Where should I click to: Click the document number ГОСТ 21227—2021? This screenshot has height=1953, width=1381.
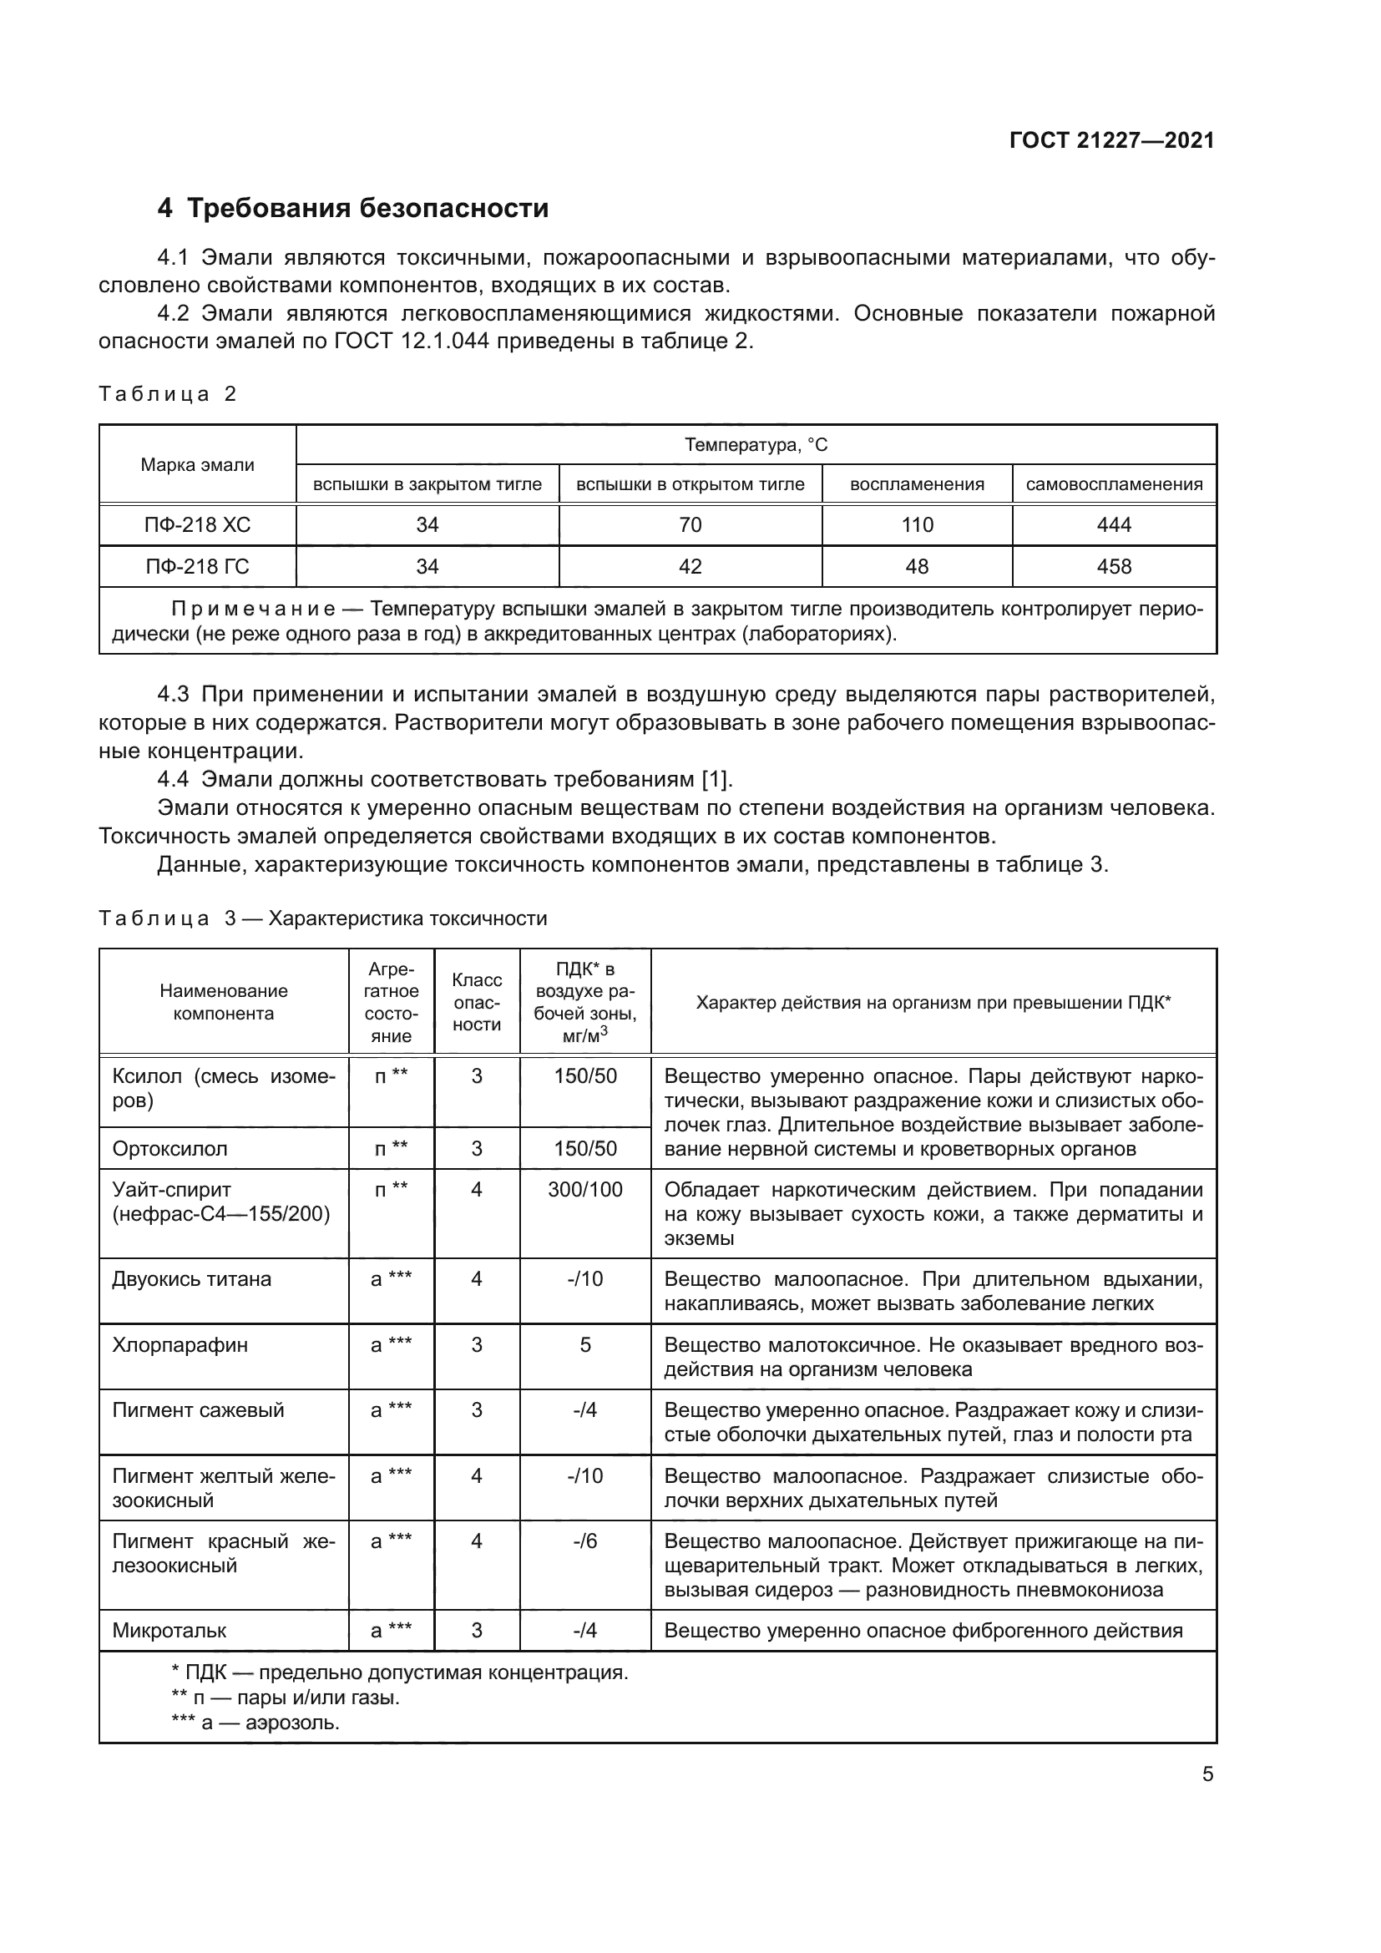point(1111,140)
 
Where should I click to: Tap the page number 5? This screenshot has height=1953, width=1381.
point(1207,1774)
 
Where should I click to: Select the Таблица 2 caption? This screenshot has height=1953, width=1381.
point(168,394)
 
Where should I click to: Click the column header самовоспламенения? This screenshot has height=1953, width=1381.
point(1114,485)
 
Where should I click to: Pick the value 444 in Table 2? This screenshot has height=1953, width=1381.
point(1114,525)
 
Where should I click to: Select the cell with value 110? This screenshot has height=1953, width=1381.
point(917,525)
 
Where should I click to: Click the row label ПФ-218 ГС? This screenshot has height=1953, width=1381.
point(197,566)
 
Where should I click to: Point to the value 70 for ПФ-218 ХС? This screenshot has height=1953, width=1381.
point(690,525)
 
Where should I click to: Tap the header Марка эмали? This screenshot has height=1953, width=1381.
point(197,465)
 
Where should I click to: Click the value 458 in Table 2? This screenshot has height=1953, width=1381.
point(1114,566)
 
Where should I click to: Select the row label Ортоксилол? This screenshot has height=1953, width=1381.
point(170,1149)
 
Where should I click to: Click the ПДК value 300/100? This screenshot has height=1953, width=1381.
point(585,1190)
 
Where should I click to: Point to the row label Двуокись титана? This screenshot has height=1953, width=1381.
point(192,1279)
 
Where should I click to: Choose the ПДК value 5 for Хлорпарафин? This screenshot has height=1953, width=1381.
point(585,1345)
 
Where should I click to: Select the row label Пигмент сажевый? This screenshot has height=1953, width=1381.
point(198,1410)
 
